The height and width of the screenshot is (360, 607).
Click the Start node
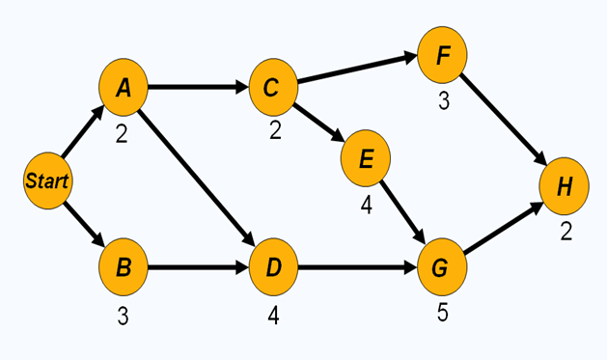pos(46,180)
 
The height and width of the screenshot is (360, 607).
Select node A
pos(123,88)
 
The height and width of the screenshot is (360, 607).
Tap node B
pos(123,265)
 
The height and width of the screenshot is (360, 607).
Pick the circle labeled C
pos(272,87)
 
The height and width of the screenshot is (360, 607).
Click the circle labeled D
pos(273,265)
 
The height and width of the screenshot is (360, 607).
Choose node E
pos(365,158)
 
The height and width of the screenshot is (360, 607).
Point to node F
pos(442,54)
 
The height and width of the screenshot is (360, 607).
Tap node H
pos(564,185)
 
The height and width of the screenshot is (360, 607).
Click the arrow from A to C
pos(197,87)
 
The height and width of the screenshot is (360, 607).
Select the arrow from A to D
pos(197,176)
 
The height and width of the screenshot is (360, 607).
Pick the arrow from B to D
pos(197,265)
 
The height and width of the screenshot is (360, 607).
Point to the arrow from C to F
pos(357,70)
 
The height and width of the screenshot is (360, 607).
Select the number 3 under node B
pos(123,315)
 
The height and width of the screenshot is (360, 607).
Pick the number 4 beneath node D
pos(274,315)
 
